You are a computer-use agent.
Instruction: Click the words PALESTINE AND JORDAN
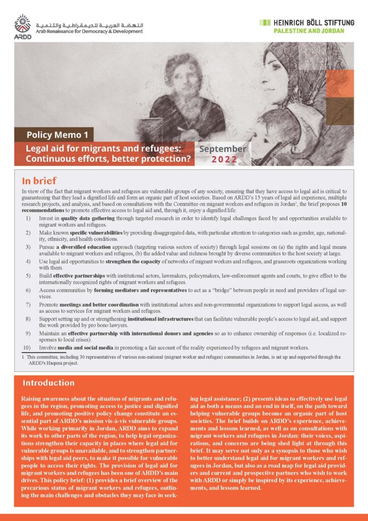click(x=302, y=31)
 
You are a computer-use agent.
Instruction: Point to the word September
click(x=223, y=149)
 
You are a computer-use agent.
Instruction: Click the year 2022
click(x=223, y=160)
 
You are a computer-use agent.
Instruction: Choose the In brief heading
click(x=39, y=181)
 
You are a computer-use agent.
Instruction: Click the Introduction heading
click(x=48, y=383)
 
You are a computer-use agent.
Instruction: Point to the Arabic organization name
click(x=91, y=23)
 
